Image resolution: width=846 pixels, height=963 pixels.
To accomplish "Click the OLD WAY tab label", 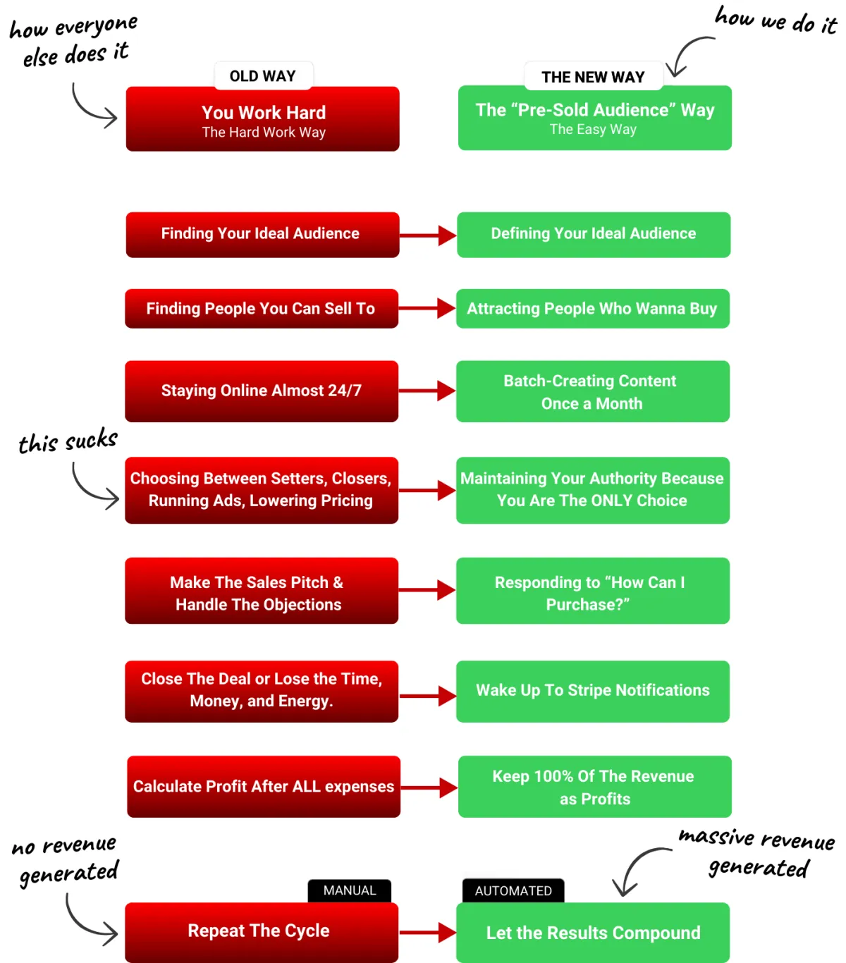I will [263, 76].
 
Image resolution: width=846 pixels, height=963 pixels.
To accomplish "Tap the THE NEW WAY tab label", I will [593, 77].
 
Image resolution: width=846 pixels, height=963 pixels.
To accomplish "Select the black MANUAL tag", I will [350, 890].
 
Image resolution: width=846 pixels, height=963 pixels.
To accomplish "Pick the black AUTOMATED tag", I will [513, 891].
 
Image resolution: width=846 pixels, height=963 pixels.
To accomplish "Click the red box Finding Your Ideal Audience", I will [262, 234].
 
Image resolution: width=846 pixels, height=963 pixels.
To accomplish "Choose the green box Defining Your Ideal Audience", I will [593, 234].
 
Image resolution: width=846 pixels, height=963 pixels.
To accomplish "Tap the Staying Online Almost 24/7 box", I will [262, 391].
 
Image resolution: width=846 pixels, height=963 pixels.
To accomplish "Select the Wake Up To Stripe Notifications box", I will [593, 691].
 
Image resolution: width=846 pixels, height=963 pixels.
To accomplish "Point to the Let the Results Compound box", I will [593, 933].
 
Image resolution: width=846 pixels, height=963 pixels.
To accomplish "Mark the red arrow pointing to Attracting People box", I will [427, 308].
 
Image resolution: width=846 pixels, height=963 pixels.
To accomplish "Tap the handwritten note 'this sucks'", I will [68, 441].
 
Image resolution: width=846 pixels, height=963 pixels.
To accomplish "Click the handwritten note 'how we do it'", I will [775, 20].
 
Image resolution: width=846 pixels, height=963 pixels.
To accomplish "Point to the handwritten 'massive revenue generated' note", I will [757, 853].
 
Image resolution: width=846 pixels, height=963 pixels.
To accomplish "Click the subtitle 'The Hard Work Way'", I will [264, 133].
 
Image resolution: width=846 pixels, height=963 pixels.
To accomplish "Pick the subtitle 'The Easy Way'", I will [593, 130].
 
